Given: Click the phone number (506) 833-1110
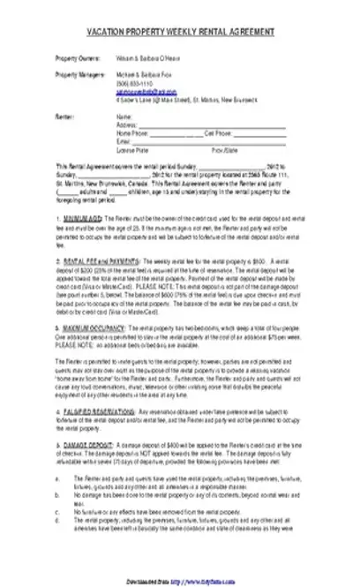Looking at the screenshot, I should coord(133,83).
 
